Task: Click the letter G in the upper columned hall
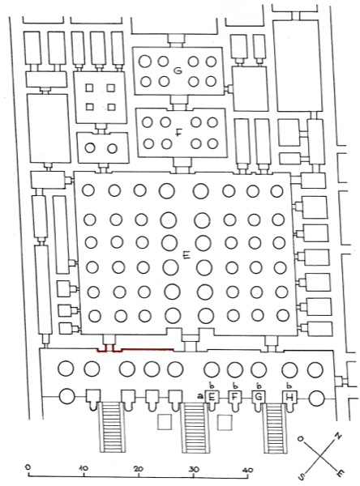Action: point(178,71)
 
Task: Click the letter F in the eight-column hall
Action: point(178,134)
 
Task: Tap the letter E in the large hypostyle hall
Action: point(186,255)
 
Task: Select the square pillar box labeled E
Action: point(212,396)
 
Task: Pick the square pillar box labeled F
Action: point(235,396)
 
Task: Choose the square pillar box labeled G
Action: point(259,396)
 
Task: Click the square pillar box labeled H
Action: point(289,396)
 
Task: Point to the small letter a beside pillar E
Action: point(200,396)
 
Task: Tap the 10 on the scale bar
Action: point(84,467)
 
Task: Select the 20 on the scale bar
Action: point(139,468)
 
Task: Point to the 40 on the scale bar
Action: point(248,470)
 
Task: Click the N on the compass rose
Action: point(338,437)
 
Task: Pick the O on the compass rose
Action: point(300,438)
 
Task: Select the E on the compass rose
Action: point(341,473)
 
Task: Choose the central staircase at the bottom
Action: point(195,432)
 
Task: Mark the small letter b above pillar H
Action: point(289,386)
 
